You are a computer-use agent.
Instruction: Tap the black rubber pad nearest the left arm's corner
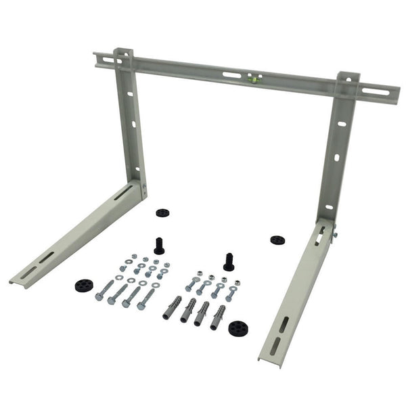162,212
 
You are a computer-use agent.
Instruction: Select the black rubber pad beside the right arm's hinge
277,240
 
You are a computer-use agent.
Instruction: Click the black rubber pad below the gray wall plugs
237,328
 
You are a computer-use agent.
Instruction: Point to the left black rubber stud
159,246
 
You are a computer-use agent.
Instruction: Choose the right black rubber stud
228,261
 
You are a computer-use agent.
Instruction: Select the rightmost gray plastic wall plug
218,316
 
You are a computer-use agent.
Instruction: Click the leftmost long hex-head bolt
106,290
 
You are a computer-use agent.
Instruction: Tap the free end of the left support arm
16,279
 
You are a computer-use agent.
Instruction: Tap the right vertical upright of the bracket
339,149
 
